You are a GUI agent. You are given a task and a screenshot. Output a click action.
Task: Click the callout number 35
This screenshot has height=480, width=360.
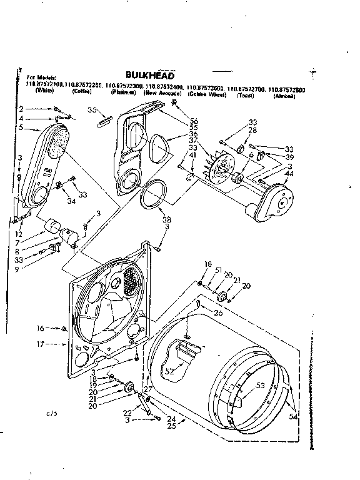pyautogui.click(x=91, y=110)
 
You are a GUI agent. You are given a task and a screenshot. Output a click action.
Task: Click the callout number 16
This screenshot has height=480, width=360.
pyautogui.click(x=40, y=328)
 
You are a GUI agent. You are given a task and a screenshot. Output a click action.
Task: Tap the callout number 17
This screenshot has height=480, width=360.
pyautogui.click(x=40, y=344)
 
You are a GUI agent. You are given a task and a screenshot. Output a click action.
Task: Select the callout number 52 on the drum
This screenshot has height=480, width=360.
pyautogui.click(x=169, y=372)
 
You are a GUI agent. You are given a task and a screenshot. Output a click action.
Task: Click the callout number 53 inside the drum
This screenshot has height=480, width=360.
pyautogui.click(x=260, y=386)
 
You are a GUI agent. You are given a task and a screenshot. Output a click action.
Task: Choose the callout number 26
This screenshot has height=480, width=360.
pyautogui.click(x=218, y=312)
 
